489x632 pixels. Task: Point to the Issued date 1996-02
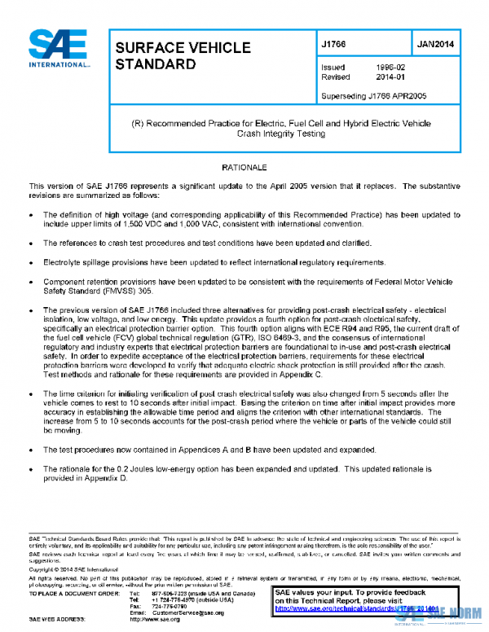[x=389, y=67]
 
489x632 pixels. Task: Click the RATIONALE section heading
[x=244, y=167]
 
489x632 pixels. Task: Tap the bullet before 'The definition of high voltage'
[x=30, y=214]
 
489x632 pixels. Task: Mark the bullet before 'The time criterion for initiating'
[x=30, y=393]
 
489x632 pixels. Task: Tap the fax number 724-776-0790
[x=172, y=606]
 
